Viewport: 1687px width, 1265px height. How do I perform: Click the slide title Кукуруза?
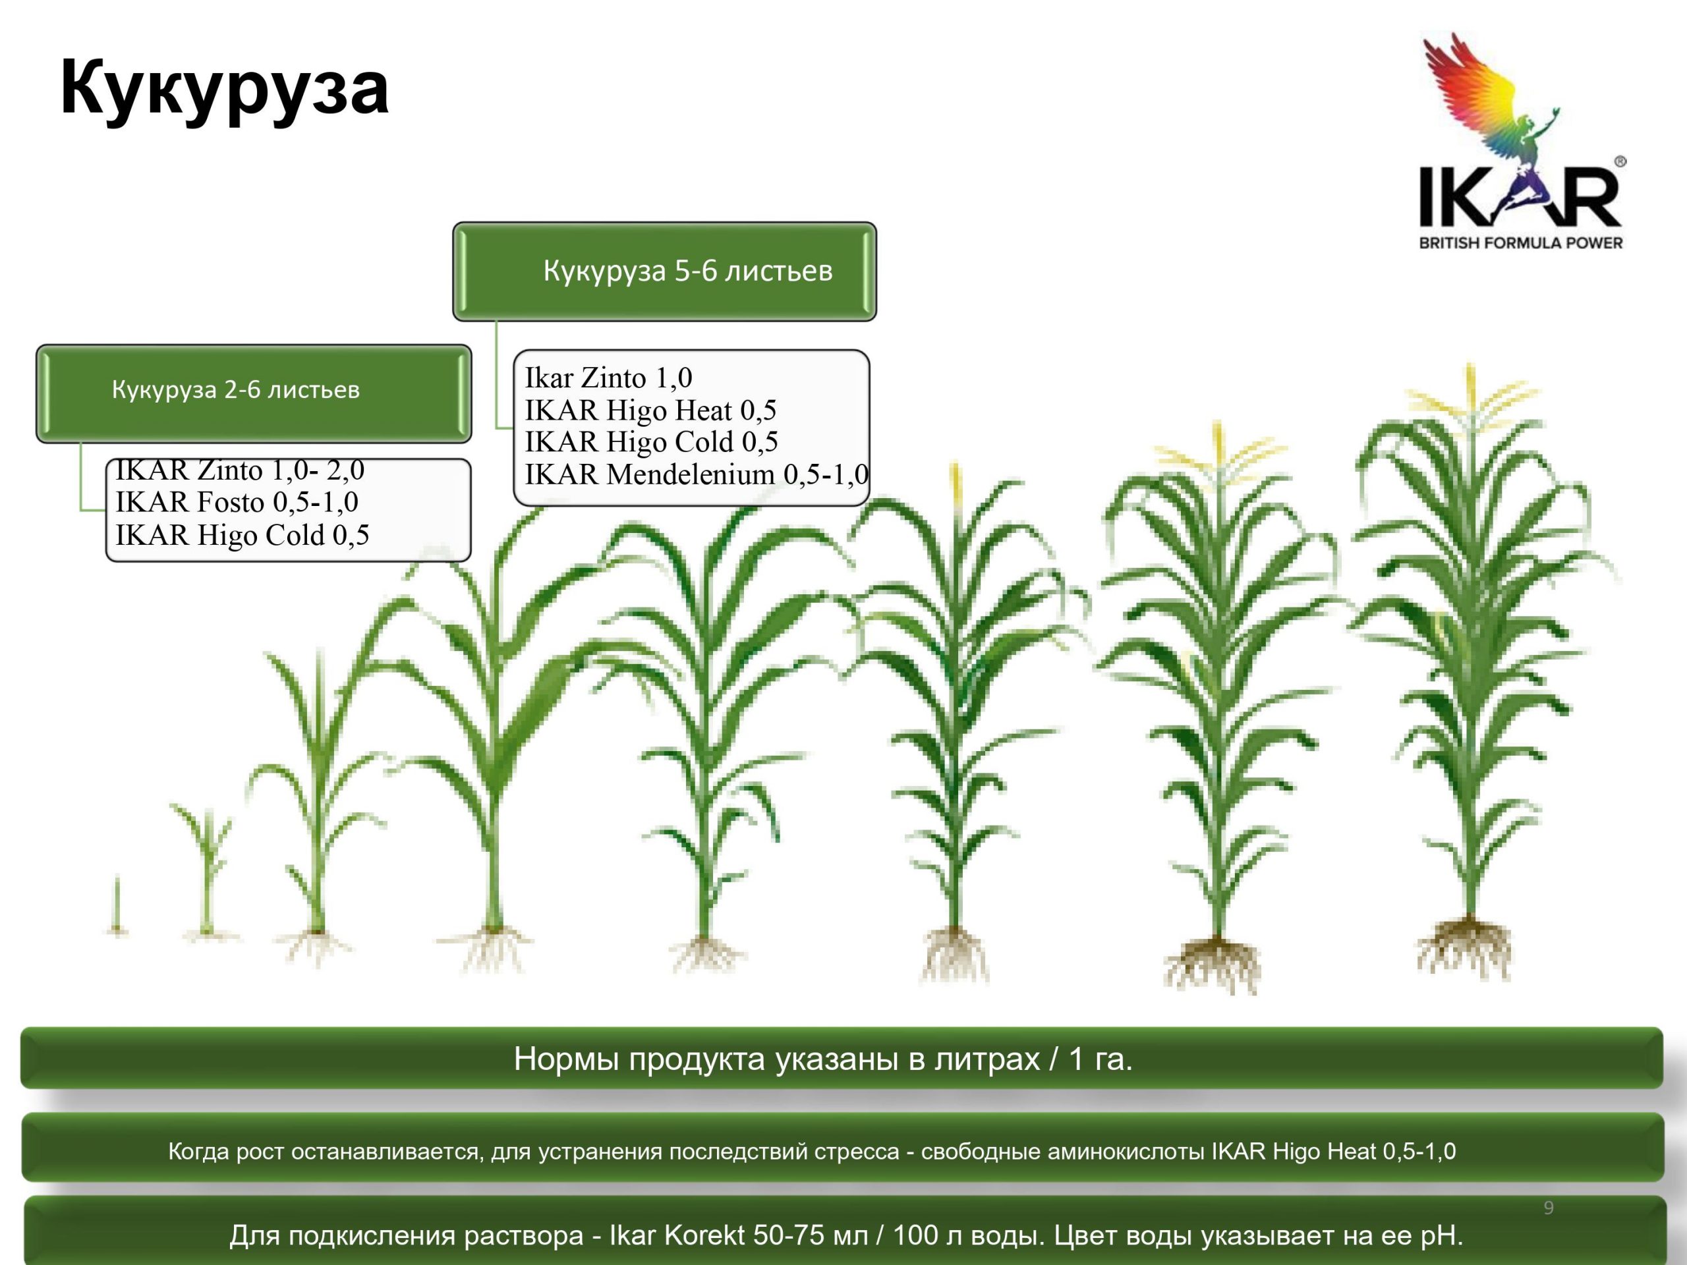(x=224, y=90)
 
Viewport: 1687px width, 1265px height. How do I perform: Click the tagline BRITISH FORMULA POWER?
(x=1520, y=243)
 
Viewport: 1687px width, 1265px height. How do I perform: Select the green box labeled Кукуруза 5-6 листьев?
(x=664, y=271)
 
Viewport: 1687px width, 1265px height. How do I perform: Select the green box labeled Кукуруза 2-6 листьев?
(x=253, y=393)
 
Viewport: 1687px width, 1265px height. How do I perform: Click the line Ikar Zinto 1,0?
(x=609, y=378)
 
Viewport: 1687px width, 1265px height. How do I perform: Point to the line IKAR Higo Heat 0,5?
(x=650, y=410)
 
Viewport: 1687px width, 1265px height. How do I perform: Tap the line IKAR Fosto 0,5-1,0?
(x=237, y=502)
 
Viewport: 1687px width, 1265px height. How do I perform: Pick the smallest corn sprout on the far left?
(x=117, y=906)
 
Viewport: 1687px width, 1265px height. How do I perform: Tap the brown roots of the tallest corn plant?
(x=1465, y=950)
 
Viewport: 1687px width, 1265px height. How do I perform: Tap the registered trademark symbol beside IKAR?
(x=1620, y=161)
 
